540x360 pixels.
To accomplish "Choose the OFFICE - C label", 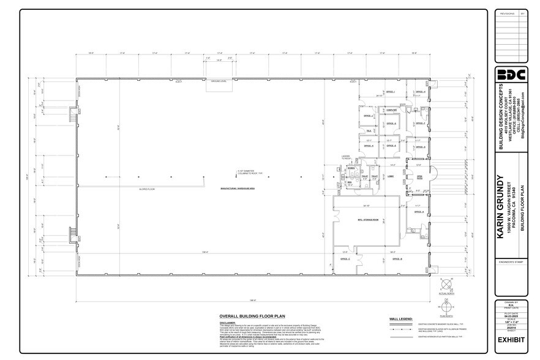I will [353, 259].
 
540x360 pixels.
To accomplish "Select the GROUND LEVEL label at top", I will [219, 81].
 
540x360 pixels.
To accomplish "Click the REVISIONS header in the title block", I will [506, 12].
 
